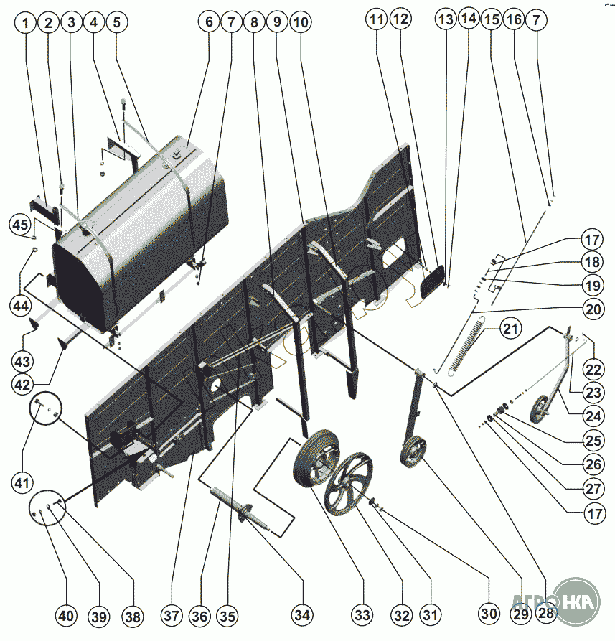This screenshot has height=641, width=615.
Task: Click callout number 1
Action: click(27, 23)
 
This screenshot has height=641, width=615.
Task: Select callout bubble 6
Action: click(209, 22)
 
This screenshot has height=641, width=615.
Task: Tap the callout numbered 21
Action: click(509, 330)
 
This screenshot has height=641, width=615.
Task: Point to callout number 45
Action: click(21, 224)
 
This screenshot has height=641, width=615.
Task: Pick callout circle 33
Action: click(362, 614)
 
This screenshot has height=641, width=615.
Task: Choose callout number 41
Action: click(21, 482)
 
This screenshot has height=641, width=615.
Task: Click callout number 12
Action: click(400, 19)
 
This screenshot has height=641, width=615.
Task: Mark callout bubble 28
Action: click(546, 614)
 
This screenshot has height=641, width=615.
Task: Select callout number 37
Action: click(170, 616)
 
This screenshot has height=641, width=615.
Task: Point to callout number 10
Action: click(301, 22)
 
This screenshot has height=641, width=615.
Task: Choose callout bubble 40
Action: click(66, 616)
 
